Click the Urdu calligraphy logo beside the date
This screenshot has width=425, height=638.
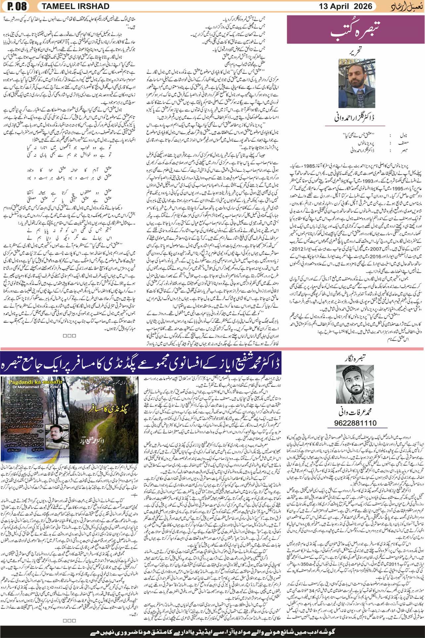[x=405, y=6]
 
